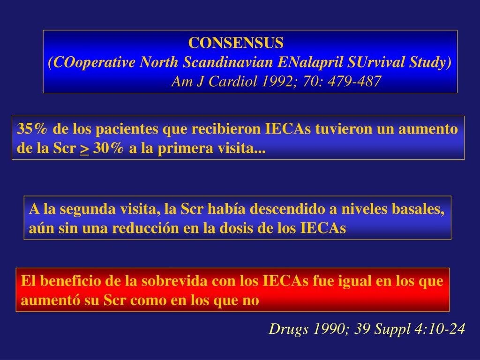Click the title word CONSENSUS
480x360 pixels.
[236, 43]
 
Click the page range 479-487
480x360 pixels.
[354, 82]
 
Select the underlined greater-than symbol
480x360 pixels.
[84, 149]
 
